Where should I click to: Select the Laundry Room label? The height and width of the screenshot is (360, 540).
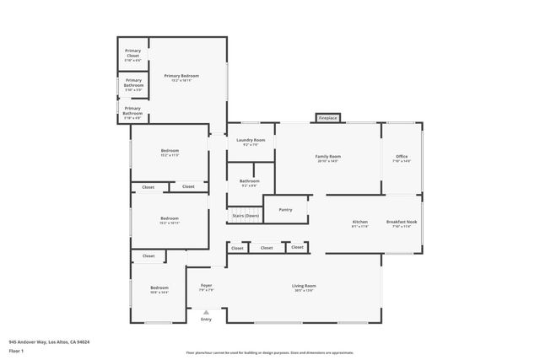point(251,142)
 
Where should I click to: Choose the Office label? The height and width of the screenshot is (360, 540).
point(402,159)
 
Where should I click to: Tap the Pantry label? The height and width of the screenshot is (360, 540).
point(285,209)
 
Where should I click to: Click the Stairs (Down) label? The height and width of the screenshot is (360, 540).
point(246,217)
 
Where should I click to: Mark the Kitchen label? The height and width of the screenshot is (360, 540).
point(360,223)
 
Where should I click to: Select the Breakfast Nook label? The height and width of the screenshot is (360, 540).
point(402,223)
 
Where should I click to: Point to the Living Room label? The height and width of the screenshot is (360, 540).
point(304,287)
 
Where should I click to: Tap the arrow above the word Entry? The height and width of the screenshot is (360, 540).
point(206,312)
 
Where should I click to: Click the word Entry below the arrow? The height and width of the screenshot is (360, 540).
point(206,320)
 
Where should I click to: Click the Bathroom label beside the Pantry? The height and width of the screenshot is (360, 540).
point(249,182)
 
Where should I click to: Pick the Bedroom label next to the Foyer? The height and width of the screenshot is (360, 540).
point(159,289)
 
